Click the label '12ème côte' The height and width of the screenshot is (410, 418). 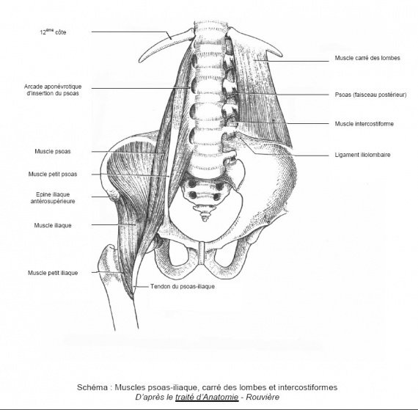pyautogui.click(x=53, y=32)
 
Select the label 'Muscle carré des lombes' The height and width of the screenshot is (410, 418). pyautogui.click(x=367, y=58)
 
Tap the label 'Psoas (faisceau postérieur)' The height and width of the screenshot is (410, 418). pyautogui.click(x=370, y=95)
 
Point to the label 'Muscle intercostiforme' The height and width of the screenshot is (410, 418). pyautogui.click(x=364, y=124)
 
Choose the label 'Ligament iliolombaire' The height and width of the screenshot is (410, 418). pyautogui.click(x=362, y=155)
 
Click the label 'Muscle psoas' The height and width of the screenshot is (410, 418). pyautogui.click(x=53, y=151)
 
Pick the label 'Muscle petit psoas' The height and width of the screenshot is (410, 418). pyautogui.click(x=53, y=174)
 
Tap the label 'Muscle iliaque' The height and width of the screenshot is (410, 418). pyautogui.click(x=53, y=225)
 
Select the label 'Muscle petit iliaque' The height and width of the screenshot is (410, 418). pyautogui.click(x=53, y=273)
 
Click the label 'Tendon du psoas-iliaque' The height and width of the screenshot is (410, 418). pyautogui.click(x=183, y=287)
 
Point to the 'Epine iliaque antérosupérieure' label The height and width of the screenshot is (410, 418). pyautogui.click(x=53, y=197)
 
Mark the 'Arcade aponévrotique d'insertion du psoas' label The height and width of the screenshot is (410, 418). pyautogui.click(x=53, y=89)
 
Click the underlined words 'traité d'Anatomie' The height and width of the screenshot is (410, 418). pyautogui.click(x=207, y=397)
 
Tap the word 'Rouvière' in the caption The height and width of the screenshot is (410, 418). pyautogui.click(x=263, y=397)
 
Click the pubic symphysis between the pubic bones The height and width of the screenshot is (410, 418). pyautogui.click(x=202, y=253)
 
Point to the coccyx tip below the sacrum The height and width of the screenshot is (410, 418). pyautogui.click(x=204, y=219)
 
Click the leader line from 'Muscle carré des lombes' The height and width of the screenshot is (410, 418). pyautogui.click(x=291, y=61)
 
